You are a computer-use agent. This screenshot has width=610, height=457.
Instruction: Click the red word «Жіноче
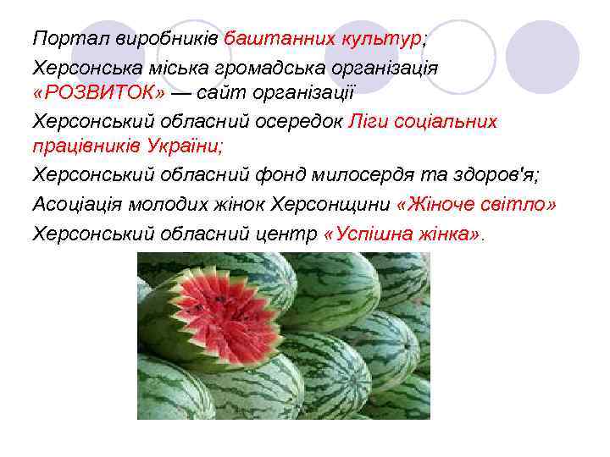point(441,204)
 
